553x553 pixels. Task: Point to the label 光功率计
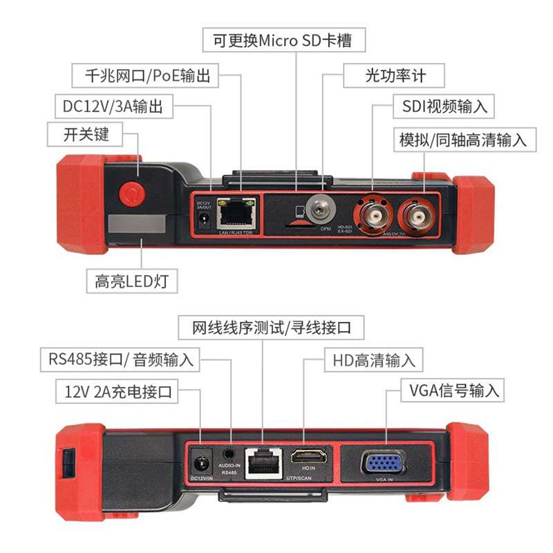(395, 75)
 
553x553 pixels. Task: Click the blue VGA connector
(384, 462)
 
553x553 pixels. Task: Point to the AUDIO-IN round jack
(229, 454)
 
